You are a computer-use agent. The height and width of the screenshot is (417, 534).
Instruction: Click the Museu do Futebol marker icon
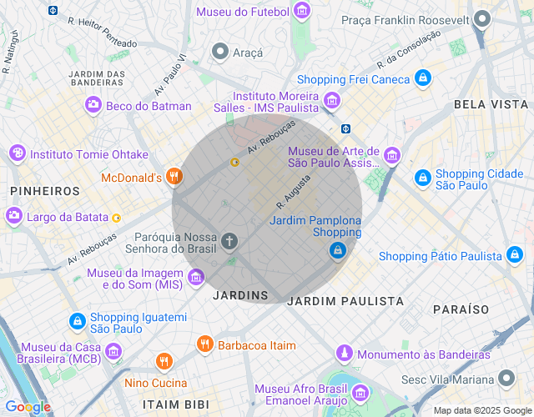coord(301,12)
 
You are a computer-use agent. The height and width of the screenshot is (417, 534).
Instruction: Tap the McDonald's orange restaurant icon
coord(174,176)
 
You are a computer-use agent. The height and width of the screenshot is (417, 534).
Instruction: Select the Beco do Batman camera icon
coord(93,105)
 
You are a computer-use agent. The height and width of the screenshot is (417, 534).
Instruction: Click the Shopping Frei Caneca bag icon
coord(423,78)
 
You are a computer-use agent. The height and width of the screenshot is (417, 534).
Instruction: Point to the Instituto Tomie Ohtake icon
coord(17,153)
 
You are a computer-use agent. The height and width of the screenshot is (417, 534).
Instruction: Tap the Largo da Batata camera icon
coord(14,217)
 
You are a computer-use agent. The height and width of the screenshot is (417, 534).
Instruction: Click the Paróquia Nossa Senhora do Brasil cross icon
coord(229,242)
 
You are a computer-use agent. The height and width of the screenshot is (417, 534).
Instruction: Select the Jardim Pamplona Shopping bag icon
coord(337,249)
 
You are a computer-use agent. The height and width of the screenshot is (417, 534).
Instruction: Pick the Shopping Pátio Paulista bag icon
coord(515,255)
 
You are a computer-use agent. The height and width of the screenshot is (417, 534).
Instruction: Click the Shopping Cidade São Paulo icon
coord(423,178)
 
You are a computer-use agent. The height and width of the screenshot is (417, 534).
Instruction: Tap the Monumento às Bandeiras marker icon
coord(344,354)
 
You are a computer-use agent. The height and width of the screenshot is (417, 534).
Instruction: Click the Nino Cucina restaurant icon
coord(164,362)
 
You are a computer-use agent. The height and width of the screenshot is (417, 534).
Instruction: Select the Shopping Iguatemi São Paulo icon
coord(77,321)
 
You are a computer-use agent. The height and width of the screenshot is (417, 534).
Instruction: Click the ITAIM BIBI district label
coord(162,404)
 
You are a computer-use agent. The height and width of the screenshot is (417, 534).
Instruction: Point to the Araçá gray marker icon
coord(220,52)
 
